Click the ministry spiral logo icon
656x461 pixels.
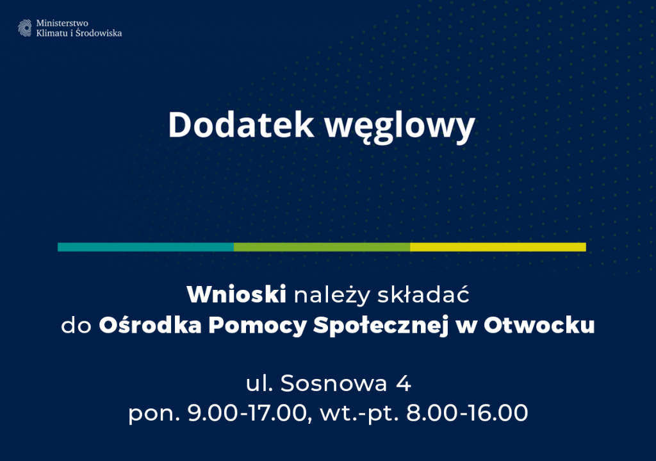pos(25,28)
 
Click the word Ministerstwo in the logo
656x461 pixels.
pos(62,23)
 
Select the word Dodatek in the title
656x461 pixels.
pos(241,125)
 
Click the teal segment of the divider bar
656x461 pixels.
pos(145,247)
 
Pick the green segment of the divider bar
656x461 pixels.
pos(322,247)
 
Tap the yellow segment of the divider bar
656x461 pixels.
pos(498,247)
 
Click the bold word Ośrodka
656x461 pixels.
pos(150,324)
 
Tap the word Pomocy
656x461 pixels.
pos(258,326)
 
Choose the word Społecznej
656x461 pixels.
pos(381,326)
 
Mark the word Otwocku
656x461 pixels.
pos(539,325)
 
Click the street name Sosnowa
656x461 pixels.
pos(333,383)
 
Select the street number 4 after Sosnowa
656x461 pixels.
pos(404,383)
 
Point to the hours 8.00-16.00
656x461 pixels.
pos(467,413)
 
